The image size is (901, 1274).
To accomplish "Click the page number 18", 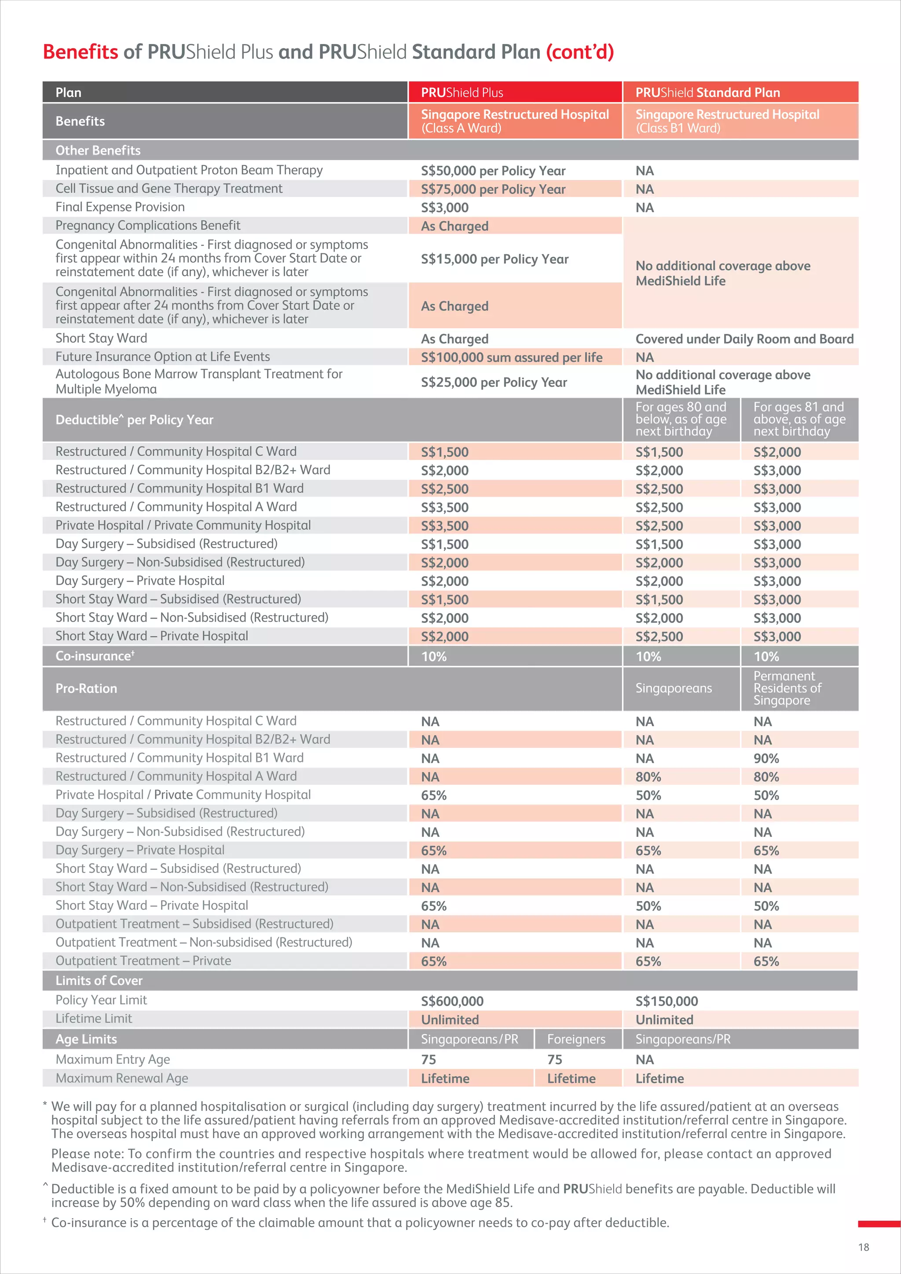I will point(863,1247).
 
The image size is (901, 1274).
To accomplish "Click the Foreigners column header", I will point(576,1039).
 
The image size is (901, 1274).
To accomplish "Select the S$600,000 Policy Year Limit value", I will point(452,1001).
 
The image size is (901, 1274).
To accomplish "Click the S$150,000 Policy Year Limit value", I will point(667,1001).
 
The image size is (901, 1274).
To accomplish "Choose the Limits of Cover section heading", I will point(99,981).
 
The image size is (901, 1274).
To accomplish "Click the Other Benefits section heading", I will point(98,150).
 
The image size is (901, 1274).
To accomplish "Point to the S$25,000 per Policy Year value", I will point(493,382).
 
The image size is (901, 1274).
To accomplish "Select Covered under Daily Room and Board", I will point(744,339).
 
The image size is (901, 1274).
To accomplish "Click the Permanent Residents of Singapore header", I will point(787,688).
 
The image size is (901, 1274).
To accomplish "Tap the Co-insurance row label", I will point(94,656).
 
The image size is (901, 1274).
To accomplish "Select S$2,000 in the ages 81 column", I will point(777,452).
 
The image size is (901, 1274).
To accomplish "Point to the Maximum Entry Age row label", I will point(112,1059).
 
